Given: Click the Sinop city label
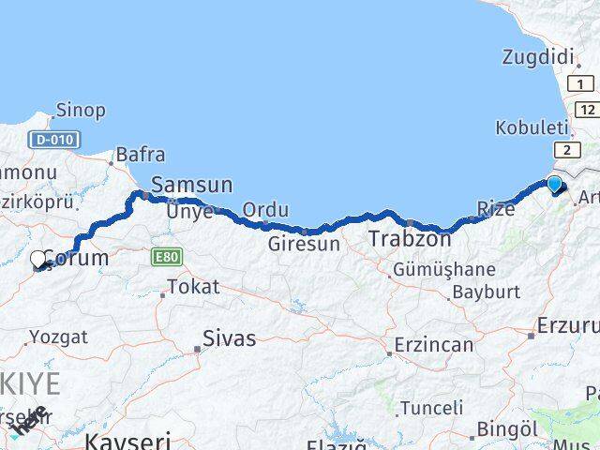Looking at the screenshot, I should tap(81, 111).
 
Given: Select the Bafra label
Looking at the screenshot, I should tap(141, 156).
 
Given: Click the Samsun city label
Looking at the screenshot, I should tap(191, 185).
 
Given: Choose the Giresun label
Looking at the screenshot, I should tap(304, 244).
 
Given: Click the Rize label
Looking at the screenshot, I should tap(496, 209).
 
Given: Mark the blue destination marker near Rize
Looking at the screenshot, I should tap(554, 184).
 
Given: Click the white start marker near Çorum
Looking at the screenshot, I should tap(38, 260).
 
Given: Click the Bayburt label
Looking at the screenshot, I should tap(486, 292).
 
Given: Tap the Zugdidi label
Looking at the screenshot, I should tap(537, 58).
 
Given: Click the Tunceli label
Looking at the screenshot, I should tap(431, 408).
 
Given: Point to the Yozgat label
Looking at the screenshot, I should tap(58, 336).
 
